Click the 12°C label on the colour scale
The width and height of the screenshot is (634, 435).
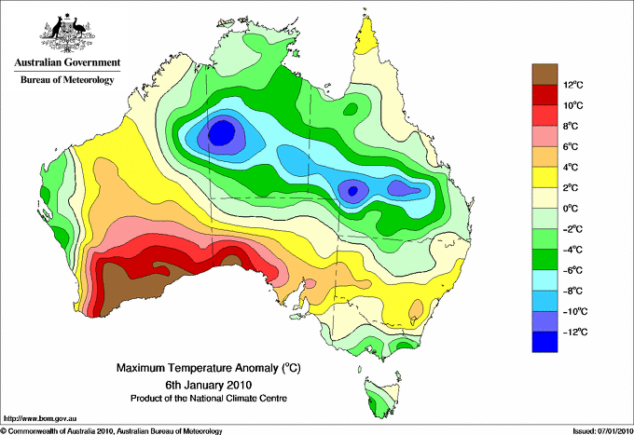coord(573,85)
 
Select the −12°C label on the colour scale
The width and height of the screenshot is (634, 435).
coord(575,332)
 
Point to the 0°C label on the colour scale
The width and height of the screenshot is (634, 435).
coord(571,209)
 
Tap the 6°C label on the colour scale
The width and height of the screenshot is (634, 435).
coord(571,146)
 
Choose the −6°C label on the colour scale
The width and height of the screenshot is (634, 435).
coord(572,270)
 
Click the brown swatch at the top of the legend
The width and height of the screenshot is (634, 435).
coord(544,75)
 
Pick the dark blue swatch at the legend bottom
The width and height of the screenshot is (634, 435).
coord(544,342)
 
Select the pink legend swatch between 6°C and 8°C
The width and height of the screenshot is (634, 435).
coord(544,136)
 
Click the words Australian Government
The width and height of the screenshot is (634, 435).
coord(67,62)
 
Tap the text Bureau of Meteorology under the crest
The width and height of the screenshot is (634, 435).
coord(67,79)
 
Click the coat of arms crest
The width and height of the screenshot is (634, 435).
coord(67,34)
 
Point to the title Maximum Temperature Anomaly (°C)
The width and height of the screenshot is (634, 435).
coord(209,368)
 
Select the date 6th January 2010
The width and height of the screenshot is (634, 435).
coord(209,384)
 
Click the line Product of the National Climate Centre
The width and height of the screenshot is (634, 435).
coord(209,399)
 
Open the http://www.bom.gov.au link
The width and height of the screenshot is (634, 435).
coord(39,419)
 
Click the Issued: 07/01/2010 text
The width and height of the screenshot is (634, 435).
coord(602,431)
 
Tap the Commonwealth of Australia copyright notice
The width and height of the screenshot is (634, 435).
coord(112,431)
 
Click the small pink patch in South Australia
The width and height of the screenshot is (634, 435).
coord(310,284)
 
